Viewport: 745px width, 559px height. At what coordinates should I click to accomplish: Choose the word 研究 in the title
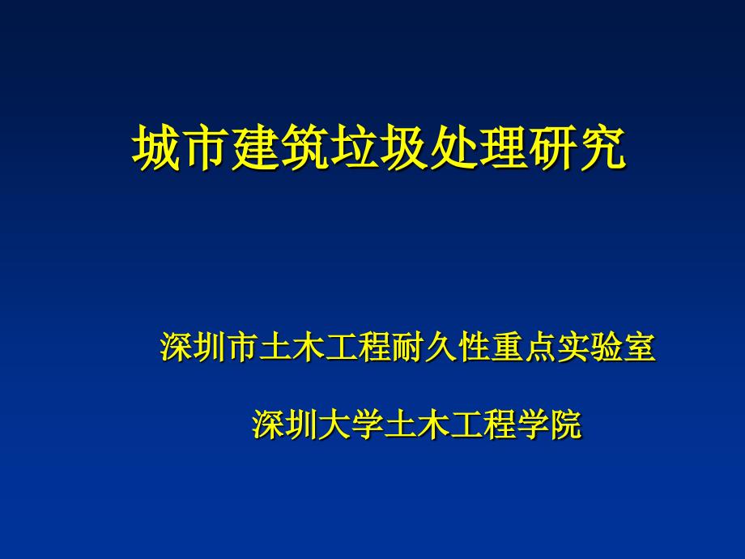click(x=577, y=147)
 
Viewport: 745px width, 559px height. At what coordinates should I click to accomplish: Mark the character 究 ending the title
click(x=602, y=147)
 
